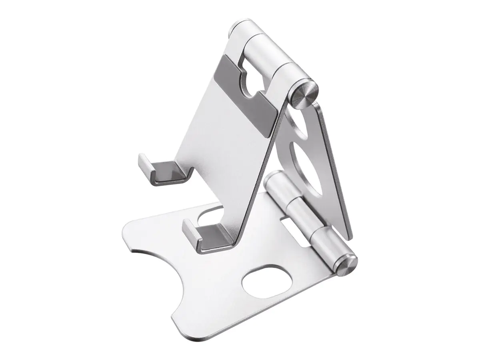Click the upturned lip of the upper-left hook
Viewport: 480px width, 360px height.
(144, 164)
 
